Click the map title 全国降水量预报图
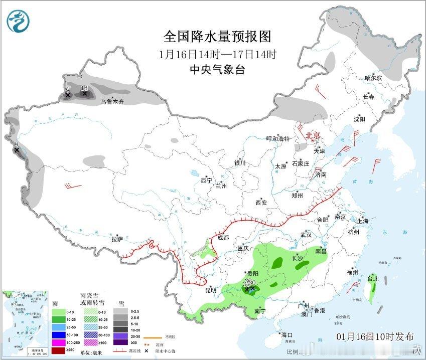pos(217,37)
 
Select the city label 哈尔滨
pos(373,78)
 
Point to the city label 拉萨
pos(117,239)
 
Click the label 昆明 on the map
pos(210,290)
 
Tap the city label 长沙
pos(298,259)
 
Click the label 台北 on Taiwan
pos(372,279)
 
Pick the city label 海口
pos(287,334)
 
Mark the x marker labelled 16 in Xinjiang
pos(85,93)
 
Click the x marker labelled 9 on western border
pos(17,150)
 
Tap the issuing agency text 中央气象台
pos(217,70)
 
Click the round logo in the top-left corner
pos(19,20)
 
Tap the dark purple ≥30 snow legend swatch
pos(121,342)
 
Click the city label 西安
pos(261,203)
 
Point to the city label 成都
pos(223,238)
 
